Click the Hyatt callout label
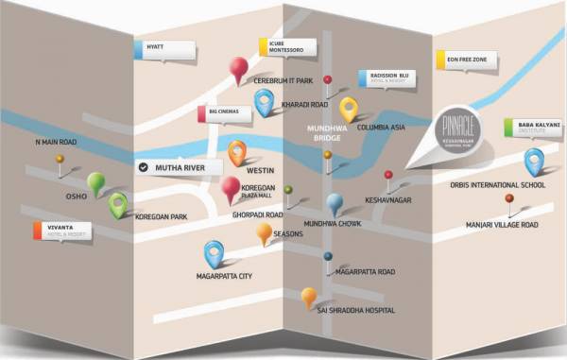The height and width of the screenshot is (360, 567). (166, 46)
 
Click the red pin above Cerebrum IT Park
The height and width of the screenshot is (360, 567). (239, 68)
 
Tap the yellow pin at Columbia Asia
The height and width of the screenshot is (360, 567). (349, 108)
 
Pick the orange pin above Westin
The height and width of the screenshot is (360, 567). (237, 151)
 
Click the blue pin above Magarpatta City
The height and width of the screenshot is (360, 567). (214, 251)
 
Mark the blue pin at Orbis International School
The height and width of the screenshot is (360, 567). (534, 160)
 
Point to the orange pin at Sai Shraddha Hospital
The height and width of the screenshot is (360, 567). (308, 297)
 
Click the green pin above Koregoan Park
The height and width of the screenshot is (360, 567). (117, 203)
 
